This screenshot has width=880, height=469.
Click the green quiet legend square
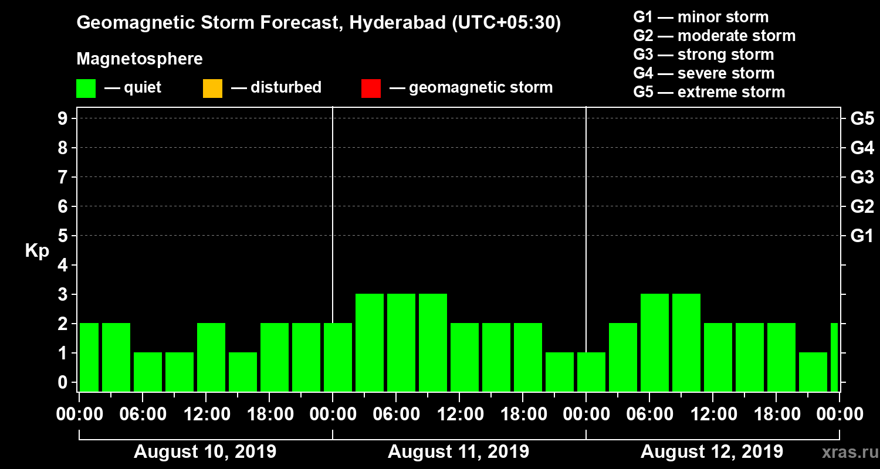coord(86,88)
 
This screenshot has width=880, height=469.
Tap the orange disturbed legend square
coord(212,88)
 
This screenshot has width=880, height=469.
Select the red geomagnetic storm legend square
coord(371,88)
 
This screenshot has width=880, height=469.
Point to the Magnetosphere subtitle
coord(140,59)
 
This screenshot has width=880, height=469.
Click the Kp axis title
coord(37,251)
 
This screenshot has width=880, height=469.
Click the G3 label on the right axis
coord(862,177)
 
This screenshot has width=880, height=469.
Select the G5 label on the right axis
coord(862,118)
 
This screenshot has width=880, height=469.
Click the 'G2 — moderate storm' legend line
coord(715,36)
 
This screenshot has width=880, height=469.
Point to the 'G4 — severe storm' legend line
coord(704,73)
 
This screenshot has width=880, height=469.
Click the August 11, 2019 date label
coord(458,452)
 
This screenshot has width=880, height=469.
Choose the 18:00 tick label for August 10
coord(269,414)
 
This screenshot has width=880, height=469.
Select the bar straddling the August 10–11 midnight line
coord(338,357)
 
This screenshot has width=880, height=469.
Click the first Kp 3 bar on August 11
coord(370,342)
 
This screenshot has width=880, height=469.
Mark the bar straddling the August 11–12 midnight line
coord(591,372)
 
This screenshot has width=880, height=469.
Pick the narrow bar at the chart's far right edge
coord(834,357)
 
